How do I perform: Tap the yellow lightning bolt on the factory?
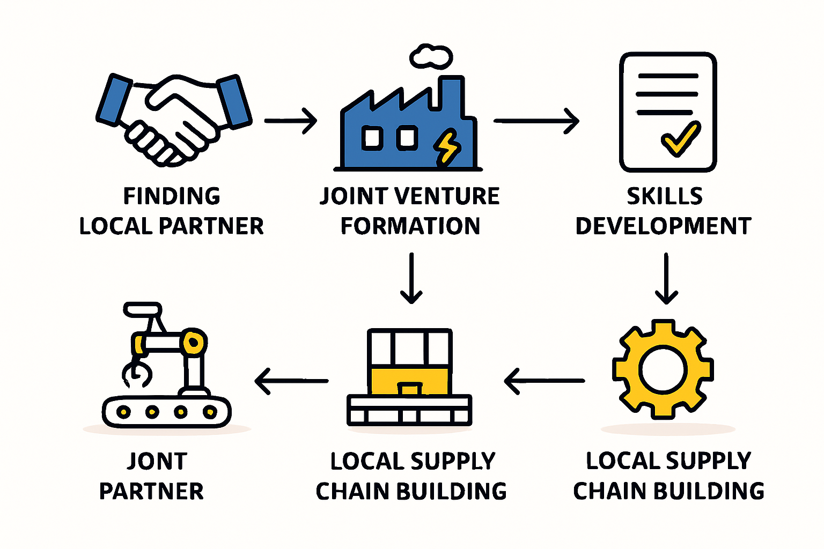446,147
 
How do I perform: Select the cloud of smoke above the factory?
431,57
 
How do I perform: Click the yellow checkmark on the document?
681,139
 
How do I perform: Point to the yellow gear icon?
663,369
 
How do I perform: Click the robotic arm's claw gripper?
136,372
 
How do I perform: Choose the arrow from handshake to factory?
291,121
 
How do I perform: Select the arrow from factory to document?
536,121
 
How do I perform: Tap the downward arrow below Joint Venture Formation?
411,278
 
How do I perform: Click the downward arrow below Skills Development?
666,278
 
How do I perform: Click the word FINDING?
172,196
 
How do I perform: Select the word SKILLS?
665,196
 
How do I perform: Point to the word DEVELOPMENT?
663,226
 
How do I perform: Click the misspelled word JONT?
157,462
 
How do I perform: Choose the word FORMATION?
410,226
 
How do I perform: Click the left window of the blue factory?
372,138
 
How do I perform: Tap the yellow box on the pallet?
409,381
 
